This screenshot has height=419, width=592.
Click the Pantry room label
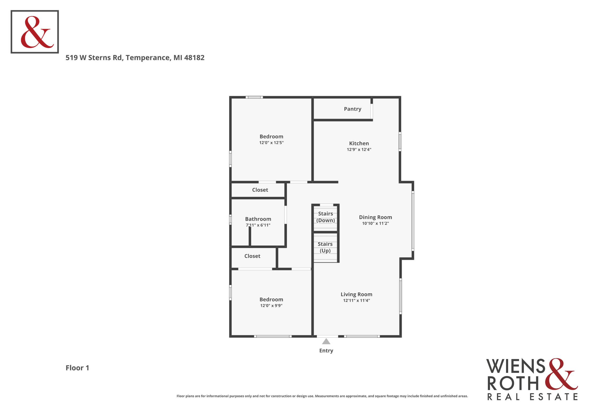click(352, 109)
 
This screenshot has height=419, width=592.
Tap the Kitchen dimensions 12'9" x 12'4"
click(359, 149)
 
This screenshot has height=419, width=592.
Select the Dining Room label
click(375, 217)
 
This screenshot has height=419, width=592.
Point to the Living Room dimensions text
click(356, 300)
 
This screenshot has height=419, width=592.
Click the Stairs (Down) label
click(325, 217)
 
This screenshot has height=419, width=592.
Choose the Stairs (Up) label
click(325, 247)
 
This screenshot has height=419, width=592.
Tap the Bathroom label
click(258, 219)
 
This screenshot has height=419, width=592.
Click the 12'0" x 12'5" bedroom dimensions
click(271, 143)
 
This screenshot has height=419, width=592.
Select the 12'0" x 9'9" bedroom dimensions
click(271, 305)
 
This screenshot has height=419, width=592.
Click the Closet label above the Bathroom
click(260, 190)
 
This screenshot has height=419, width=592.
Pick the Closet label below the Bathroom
click(252, 256)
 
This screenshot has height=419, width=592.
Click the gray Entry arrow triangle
click(326, 342)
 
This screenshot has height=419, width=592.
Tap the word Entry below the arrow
click(326, 351)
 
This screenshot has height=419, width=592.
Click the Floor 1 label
click(77, 368)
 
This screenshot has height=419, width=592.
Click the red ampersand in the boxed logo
click(37, 32)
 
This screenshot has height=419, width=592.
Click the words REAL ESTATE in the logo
click(532, 397)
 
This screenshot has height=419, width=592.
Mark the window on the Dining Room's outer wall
click(413, 221)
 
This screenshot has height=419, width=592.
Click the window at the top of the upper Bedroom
click(254, 97)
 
